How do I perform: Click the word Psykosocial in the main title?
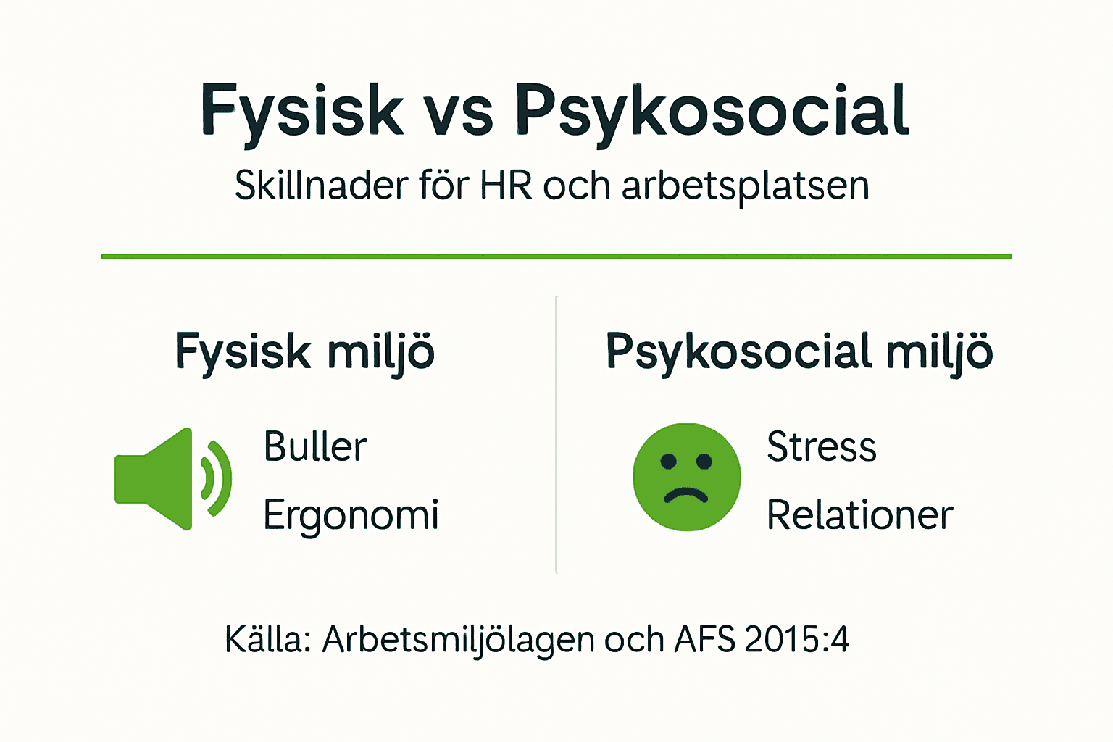[x=712, y=112]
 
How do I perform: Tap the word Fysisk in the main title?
[x=301, y=112]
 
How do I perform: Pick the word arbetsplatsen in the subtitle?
[x=745, y=187]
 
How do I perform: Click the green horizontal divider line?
[x=556, y=257]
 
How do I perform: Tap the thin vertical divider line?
[x=556, y=435]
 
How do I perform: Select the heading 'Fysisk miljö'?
[x=304, y=353]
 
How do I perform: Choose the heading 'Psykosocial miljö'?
[x=799, y=353]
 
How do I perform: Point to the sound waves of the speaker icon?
[x=217, y=478]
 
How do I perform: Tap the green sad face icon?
[x=687, y=477]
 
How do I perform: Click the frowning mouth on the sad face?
[x=685, y=496]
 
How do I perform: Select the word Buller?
[x=315, y=446]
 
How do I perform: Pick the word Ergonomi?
[x=351, y=516]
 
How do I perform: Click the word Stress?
[x=822, y=446]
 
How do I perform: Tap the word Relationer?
[x=859, y=515]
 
